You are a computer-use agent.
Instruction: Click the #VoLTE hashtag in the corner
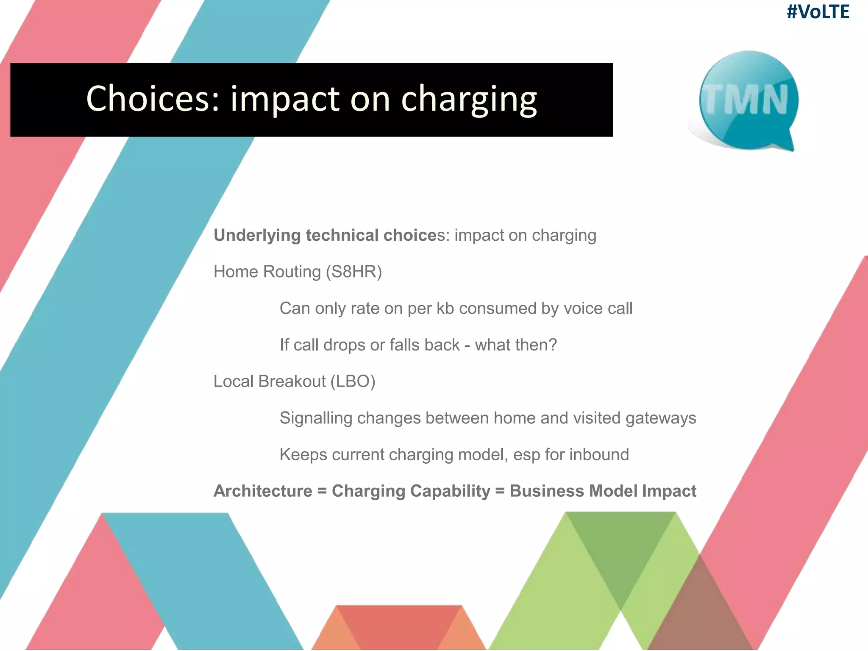coord(818,12)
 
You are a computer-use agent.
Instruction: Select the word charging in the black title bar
coord(469,100)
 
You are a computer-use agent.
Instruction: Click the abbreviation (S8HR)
coord(354,272)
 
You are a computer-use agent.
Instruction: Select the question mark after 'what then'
coord(552,345)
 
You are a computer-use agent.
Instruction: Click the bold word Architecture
coord(263,491)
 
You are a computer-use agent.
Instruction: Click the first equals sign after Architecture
coord(322,491)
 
